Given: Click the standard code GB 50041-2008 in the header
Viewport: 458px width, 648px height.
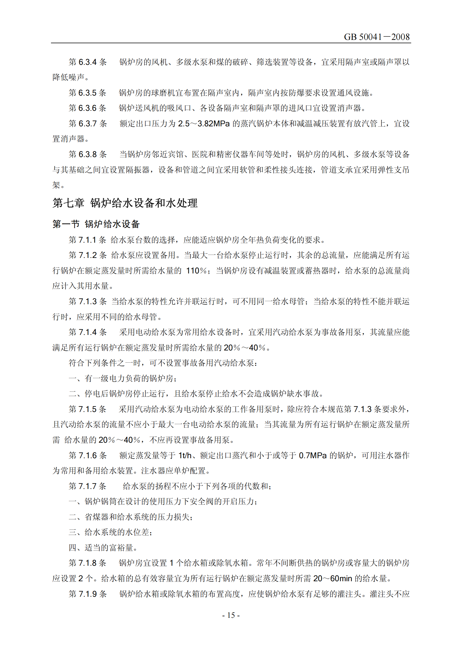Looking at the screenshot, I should [377, 37].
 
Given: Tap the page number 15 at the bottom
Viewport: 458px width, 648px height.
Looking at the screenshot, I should [231, 615].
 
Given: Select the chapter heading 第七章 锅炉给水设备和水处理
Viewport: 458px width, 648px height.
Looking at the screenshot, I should [125, 203].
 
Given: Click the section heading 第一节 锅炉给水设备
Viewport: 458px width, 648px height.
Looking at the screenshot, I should [96, 224].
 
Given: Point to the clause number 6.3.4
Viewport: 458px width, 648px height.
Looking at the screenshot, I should [88, 62].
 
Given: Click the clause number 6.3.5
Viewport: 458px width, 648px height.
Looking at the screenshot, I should [88, 93].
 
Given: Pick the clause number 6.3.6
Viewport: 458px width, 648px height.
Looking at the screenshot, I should [88, 108].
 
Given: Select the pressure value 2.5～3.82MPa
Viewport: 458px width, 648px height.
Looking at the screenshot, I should [204, 124].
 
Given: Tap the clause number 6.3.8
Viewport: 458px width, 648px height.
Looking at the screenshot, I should [88, 154].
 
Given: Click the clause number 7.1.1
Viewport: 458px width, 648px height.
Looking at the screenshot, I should [88, 240].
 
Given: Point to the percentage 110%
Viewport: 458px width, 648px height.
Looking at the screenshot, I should [196, 271].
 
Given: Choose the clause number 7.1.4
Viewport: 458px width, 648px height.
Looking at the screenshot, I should [88, 332].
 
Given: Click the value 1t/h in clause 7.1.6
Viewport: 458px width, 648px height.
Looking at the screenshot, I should [185, 455].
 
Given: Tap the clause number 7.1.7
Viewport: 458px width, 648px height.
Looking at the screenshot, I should [88, 486].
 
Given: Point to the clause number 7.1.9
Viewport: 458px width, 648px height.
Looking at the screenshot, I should [88, 594].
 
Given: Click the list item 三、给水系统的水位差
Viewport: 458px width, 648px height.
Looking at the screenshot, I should [111, 532].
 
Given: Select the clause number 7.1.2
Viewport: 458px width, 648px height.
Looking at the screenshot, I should [88, 255].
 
